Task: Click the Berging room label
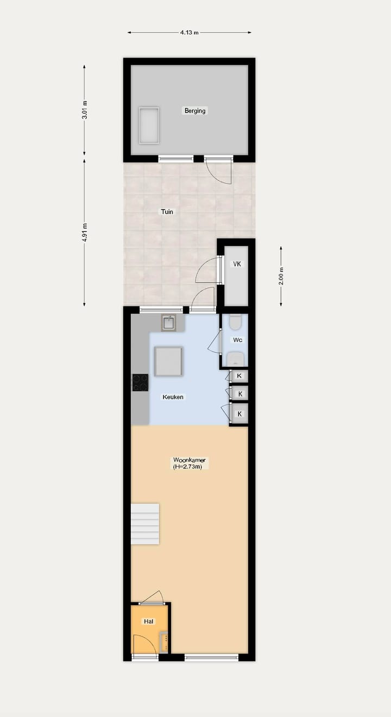195,111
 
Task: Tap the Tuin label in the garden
167,211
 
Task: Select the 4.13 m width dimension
189,33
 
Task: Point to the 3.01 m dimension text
85,110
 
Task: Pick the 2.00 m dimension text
281,276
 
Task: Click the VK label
237,264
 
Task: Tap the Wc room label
237,340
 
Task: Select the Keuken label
173,397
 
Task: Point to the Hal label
148,621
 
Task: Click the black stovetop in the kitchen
140,382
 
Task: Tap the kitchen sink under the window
169,323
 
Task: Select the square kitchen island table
168,361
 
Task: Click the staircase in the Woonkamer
145,524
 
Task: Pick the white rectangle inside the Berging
149,125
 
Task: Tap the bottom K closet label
239,414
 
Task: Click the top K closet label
239,375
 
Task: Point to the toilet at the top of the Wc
235,323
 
